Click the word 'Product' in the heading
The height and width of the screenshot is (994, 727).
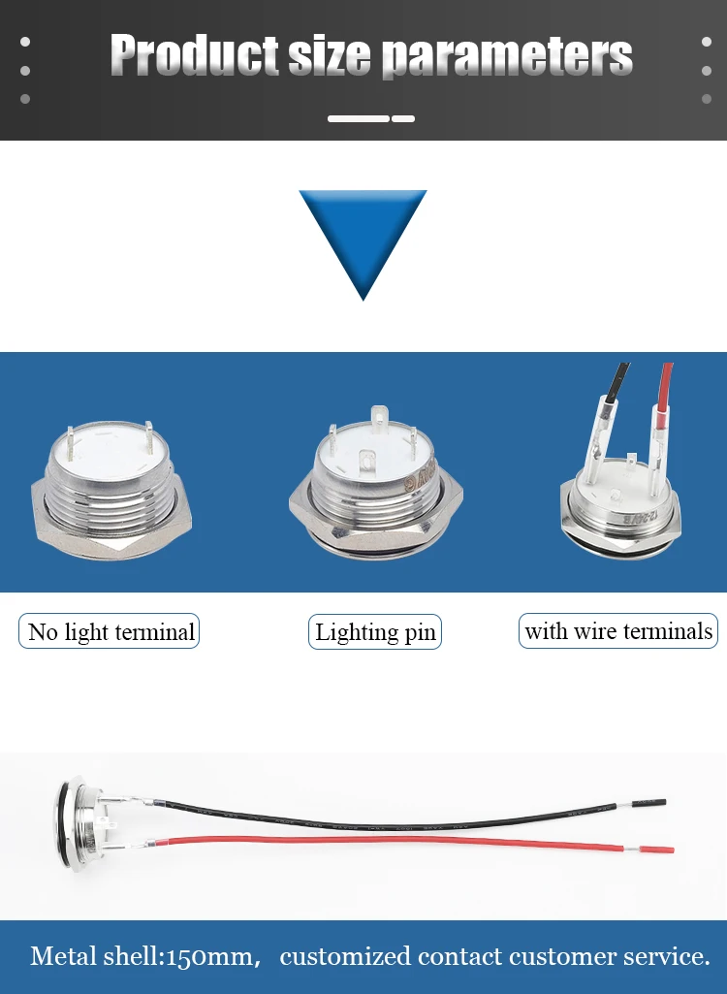tap(194, 56)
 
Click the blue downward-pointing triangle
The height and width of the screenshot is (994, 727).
tap(363, 238)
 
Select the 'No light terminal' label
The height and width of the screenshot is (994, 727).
tap(110, 632)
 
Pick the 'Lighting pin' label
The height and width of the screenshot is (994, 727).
tap(375, 632)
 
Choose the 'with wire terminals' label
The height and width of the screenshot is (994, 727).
tap(618, 631)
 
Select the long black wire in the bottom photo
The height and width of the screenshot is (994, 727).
tap(388, 817)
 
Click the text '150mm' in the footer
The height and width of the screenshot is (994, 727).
tap(208, 957)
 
